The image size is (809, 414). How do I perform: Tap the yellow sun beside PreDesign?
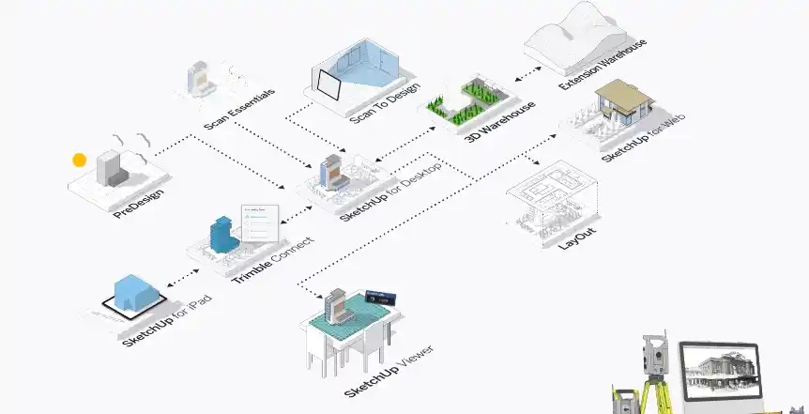[x=80, y=161]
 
